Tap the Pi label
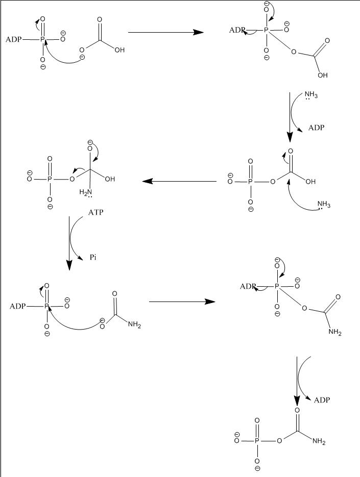93,258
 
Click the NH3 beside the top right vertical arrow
311,95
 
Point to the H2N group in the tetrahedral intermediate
85,192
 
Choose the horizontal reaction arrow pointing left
179,181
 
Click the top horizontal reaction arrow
166,32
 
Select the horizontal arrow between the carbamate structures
181,302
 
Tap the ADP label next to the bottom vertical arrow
322,400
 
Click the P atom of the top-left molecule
43,39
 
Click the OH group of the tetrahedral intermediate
109,180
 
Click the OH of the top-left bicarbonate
120,51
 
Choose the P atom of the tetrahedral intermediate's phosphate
50,180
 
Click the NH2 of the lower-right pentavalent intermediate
335,334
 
